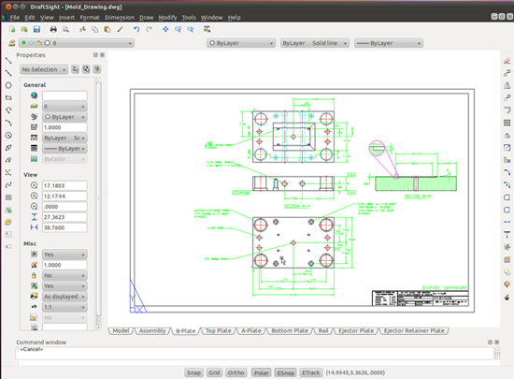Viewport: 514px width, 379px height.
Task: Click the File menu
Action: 14,17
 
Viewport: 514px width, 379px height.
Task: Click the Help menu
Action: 234,17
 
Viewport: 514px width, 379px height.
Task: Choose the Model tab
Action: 121,330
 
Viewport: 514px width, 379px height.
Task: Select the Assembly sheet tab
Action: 152,330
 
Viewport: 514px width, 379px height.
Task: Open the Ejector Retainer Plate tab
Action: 415,330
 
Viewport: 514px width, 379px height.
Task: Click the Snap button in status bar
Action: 193,371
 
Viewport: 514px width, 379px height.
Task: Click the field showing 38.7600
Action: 64,227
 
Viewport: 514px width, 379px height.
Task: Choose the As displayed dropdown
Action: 64,296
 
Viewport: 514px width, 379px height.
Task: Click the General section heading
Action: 35,84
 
